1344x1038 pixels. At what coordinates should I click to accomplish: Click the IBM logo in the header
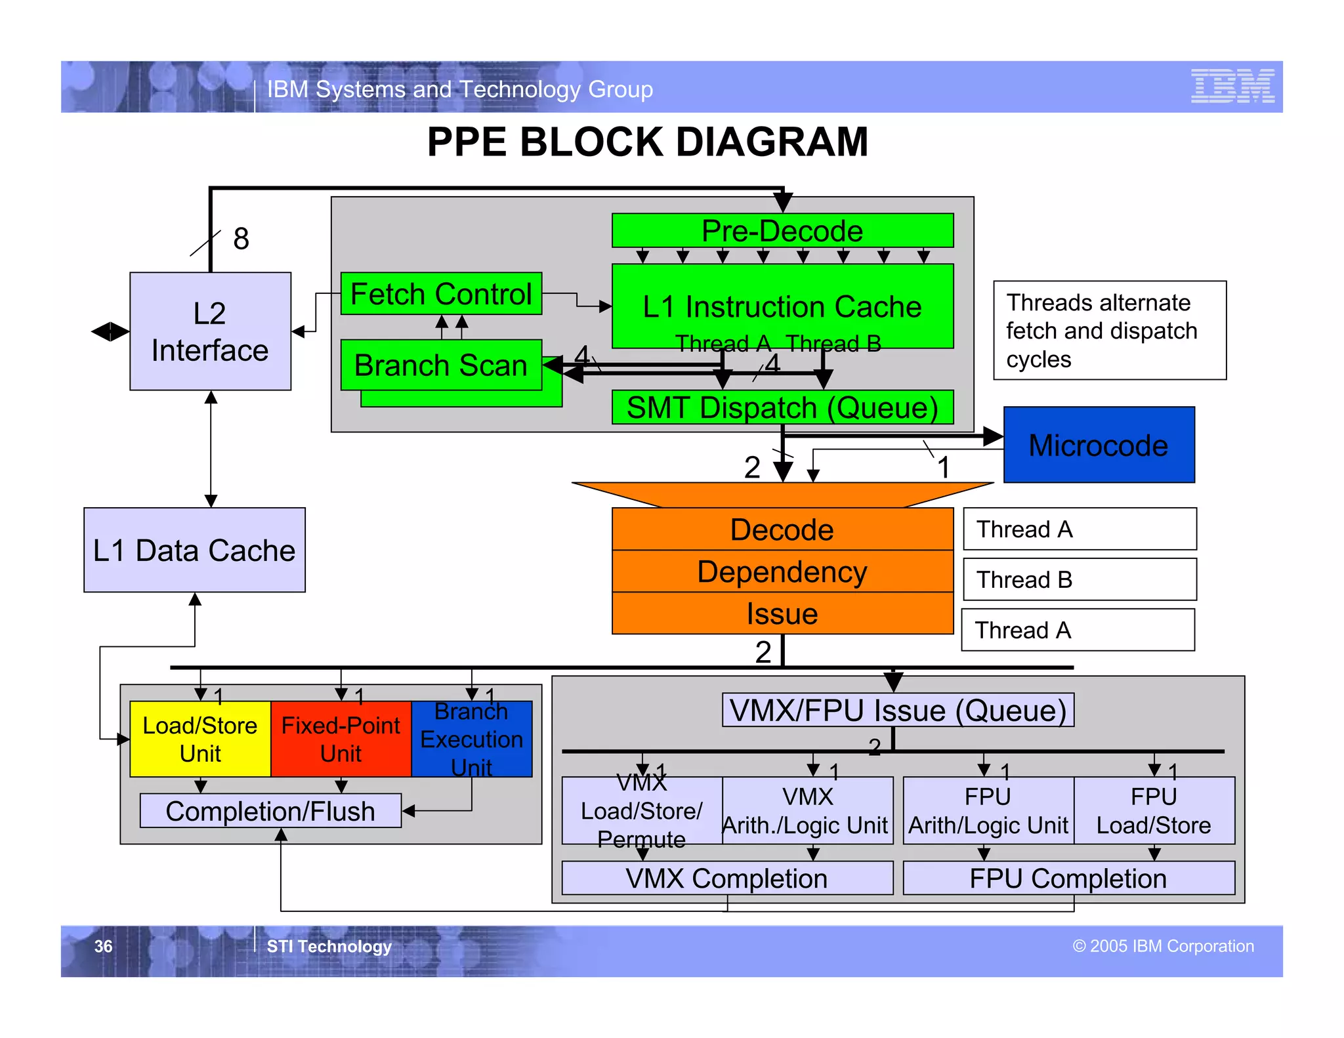coord(1232,86)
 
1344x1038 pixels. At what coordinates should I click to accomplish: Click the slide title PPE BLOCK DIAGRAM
coord(647,142)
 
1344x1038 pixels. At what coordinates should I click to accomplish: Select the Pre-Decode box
coord(782,230)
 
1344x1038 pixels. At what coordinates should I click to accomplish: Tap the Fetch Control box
coord(441,293)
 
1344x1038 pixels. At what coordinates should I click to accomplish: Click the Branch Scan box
coord(441,365)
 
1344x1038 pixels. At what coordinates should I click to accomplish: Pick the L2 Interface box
coord(210,331)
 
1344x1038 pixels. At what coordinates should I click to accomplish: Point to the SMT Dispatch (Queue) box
coord(782,407)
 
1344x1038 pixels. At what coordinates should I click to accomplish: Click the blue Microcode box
coord(1099,445)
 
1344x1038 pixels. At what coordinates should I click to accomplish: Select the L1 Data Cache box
coord(194,550)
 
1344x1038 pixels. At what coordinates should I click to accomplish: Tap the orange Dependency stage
coord(782,571)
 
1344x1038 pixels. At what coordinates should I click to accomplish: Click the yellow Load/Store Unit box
coord(200,739)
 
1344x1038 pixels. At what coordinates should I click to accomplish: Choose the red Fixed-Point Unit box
coord(341,739)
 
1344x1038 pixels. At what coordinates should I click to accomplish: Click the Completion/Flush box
coord(270,811)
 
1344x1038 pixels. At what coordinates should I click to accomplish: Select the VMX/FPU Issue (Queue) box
coord(898,710)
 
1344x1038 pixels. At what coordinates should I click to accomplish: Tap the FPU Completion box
coord(1068,878)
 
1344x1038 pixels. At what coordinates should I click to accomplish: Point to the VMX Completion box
coord(726,878)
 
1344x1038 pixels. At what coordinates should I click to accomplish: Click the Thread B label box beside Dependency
coord(1079,579)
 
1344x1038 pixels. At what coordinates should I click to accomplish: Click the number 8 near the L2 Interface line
coord(241,239)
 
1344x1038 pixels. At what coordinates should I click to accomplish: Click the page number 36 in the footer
coord(103,946)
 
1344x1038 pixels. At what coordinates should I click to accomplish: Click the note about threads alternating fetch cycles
coord(1109,330)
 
